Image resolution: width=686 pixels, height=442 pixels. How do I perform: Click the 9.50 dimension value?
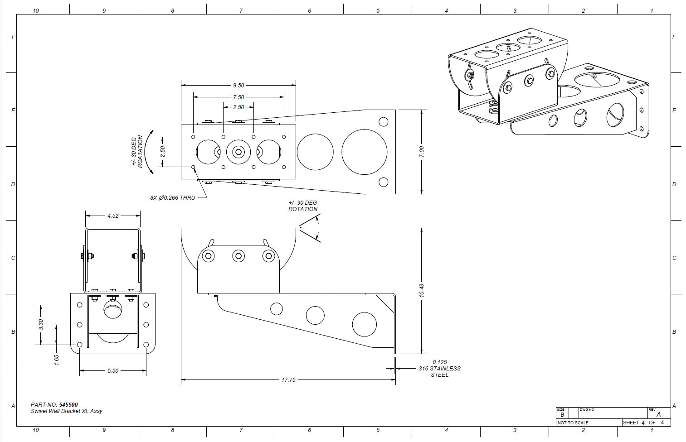pos(238,85)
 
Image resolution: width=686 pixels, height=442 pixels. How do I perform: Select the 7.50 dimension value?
pos(238,97)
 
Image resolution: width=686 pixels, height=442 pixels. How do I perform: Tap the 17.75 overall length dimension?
pos(288,380)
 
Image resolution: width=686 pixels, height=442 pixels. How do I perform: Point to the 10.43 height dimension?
pos(422,290)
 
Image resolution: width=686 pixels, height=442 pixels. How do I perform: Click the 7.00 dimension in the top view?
pos(422,152)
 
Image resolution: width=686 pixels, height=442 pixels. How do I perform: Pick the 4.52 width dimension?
pos(113,216)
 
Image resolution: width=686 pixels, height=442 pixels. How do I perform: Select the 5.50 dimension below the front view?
pos(113,370)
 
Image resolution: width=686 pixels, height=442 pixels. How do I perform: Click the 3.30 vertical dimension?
pos(41,325)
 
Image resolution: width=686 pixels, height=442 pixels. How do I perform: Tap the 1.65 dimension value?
pos(57,360)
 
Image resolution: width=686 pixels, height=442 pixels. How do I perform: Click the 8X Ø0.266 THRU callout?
pos(173,198)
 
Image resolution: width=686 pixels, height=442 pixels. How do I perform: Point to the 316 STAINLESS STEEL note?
pos(439,368)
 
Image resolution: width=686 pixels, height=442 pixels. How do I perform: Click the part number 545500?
pos(68,404)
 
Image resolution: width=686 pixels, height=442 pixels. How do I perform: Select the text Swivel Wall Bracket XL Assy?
pos(67,411)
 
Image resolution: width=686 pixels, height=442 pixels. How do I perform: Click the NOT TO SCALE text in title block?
pos(573,423)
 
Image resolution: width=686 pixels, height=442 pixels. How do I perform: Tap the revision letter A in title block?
pos(658,414)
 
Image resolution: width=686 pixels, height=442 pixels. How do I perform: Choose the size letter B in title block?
pos(562,414)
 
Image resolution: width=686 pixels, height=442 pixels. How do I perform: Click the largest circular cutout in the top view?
pos(365,152)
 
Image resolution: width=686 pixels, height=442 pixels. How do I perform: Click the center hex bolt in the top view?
pos(238,152)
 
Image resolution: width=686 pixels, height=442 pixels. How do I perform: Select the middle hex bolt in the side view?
pos(238,256)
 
